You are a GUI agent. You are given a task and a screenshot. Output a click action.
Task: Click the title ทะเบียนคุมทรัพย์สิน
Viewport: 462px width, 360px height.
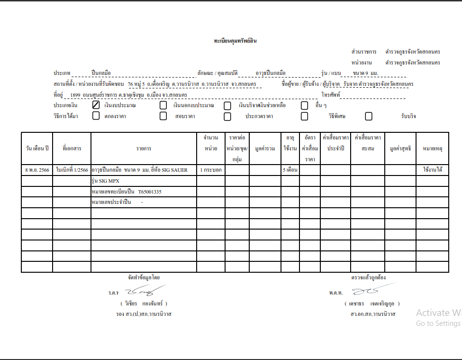click(235, 41)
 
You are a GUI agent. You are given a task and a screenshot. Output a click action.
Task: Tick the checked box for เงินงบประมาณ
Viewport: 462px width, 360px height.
click(96, 105)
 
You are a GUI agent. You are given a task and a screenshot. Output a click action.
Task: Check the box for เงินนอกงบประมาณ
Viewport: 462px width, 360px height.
click(163, 105)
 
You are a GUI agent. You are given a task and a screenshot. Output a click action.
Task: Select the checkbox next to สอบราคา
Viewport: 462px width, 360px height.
click(163, 116)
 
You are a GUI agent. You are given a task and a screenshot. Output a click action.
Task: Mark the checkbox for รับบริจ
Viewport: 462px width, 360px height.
click(369, 116)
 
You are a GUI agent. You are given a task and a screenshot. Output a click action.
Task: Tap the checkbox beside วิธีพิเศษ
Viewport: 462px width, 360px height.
click(304, 116)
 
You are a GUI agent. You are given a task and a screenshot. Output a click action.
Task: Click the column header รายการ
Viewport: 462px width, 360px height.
click(144, 148)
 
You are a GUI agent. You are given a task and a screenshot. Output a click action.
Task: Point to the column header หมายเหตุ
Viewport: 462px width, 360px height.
click(432, 148)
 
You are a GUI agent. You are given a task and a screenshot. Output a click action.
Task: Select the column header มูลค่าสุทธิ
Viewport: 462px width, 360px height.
click(400, 148)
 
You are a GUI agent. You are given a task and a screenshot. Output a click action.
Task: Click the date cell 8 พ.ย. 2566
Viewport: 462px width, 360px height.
click(37, 170)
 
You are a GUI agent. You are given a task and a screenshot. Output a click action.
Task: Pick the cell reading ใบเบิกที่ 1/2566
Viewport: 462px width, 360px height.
click(72, 170)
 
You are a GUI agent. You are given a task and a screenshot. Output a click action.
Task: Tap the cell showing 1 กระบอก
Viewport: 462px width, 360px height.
click(211, 170)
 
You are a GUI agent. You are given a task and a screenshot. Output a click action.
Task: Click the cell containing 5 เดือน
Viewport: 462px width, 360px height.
click(290, 170)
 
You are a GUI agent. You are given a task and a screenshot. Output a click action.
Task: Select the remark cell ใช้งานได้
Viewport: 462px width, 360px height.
click(433, 169)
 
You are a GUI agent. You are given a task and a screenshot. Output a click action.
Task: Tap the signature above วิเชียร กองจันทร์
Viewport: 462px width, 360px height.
click(144, 290)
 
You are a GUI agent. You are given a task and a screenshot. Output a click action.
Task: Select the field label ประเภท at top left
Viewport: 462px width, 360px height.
click(62, 74)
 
